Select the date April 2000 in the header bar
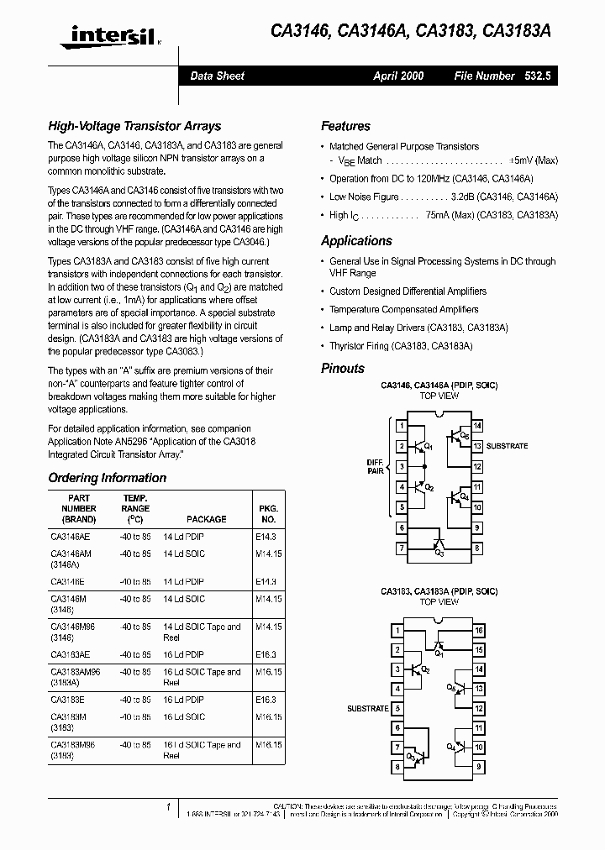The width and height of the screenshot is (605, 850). tap(398, 76)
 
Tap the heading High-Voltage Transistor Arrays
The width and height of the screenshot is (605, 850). tap(134, 126)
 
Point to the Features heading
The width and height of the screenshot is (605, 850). tap(345, 126)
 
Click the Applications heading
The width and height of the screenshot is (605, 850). tap(356, 241)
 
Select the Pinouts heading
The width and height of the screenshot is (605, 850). tap(343, 368)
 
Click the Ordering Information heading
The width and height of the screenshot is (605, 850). tap(107, 478)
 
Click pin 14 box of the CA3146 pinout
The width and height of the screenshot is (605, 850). tap(477, 426)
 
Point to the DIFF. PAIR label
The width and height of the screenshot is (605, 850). tap(374, 467)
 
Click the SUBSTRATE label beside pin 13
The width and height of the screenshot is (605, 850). tap(507, 446)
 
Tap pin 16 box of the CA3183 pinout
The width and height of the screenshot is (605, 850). tap(477, 630)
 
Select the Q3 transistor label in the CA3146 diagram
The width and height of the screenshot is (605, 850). tap(439, 553)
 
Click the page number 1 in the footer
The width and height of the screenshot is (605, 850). tap(169, 807)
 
